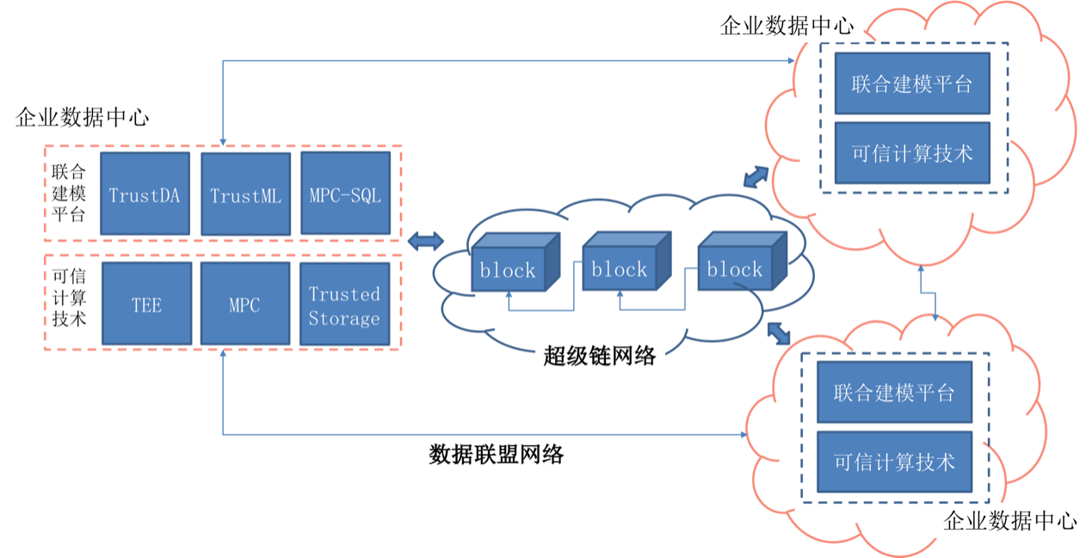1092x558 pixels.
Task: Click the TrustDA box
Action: [145, 194]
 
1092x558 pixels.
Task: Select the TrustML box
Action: [245, 194]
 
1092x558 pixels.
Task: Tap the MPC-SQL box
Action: [345, 194]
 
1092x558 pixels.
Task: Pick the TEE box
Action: [146, 304]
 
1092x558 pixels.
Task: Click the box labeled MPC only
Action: [245, 304]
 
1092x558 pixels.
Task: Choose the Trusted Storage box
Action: [344, 304]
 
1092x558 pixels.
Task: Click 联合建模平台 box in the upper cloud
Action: [912, 84]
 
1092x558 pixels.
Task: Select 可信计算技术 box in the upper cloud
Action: [912, 153]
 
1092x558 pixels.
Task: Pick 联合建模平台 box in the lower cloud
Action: [894, 393]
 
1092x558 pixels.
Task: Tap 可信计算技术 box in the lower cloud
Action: [894, 462]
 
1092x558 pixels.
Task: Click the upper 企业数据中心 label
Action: [787, 26]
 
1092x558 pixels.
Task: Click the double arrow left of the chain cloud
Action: [425, 242]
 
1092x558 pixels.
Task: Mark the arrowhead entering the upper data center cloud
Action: [793, 60]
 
